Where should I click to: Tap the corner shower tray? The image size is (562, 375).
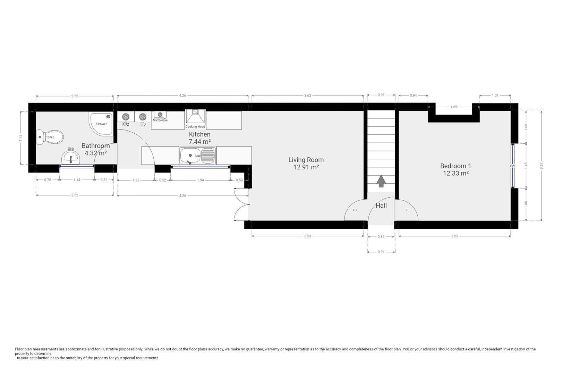point(101,124)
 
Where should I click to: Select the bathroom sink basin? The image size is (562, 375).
point(71,158)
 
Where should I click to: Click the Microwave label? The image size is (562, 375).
point(160,120)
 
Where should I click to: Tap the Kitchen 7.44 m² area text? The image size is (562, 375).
point(199,142)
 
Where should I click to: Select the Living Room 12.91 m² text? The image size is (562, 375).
point(306,167)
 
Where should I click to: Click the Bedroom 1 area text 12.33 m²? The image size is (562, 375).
point(455,173)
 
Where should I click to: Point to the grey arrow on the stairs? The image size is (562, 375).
point(381,181)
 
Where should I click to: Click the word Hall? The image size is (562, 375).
point(381,206)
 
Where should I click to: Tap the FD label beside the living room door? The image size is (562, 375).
point(355,210)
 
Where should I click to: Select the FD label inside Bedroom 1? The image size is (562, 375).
point(407,210)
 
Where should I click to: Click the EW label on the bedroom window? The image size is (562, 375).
point(512,166)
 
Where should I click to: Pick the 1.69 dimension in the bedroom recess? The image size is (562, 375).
point(453,107)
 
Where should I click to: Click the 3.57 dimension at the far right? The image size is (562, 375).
point(541,166)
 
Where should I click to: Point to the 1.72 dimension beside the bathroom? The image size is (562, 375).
point(20,138)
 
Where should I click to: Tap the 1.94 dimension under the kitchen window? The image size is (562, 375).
point(201,180)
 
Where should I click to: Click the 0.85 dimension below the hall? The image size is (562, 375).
point(381,237)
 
